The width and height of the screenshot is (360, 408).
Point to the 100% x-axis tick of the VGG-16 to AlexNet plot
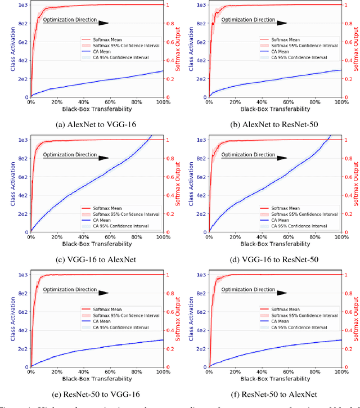(x=163, y=237)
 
